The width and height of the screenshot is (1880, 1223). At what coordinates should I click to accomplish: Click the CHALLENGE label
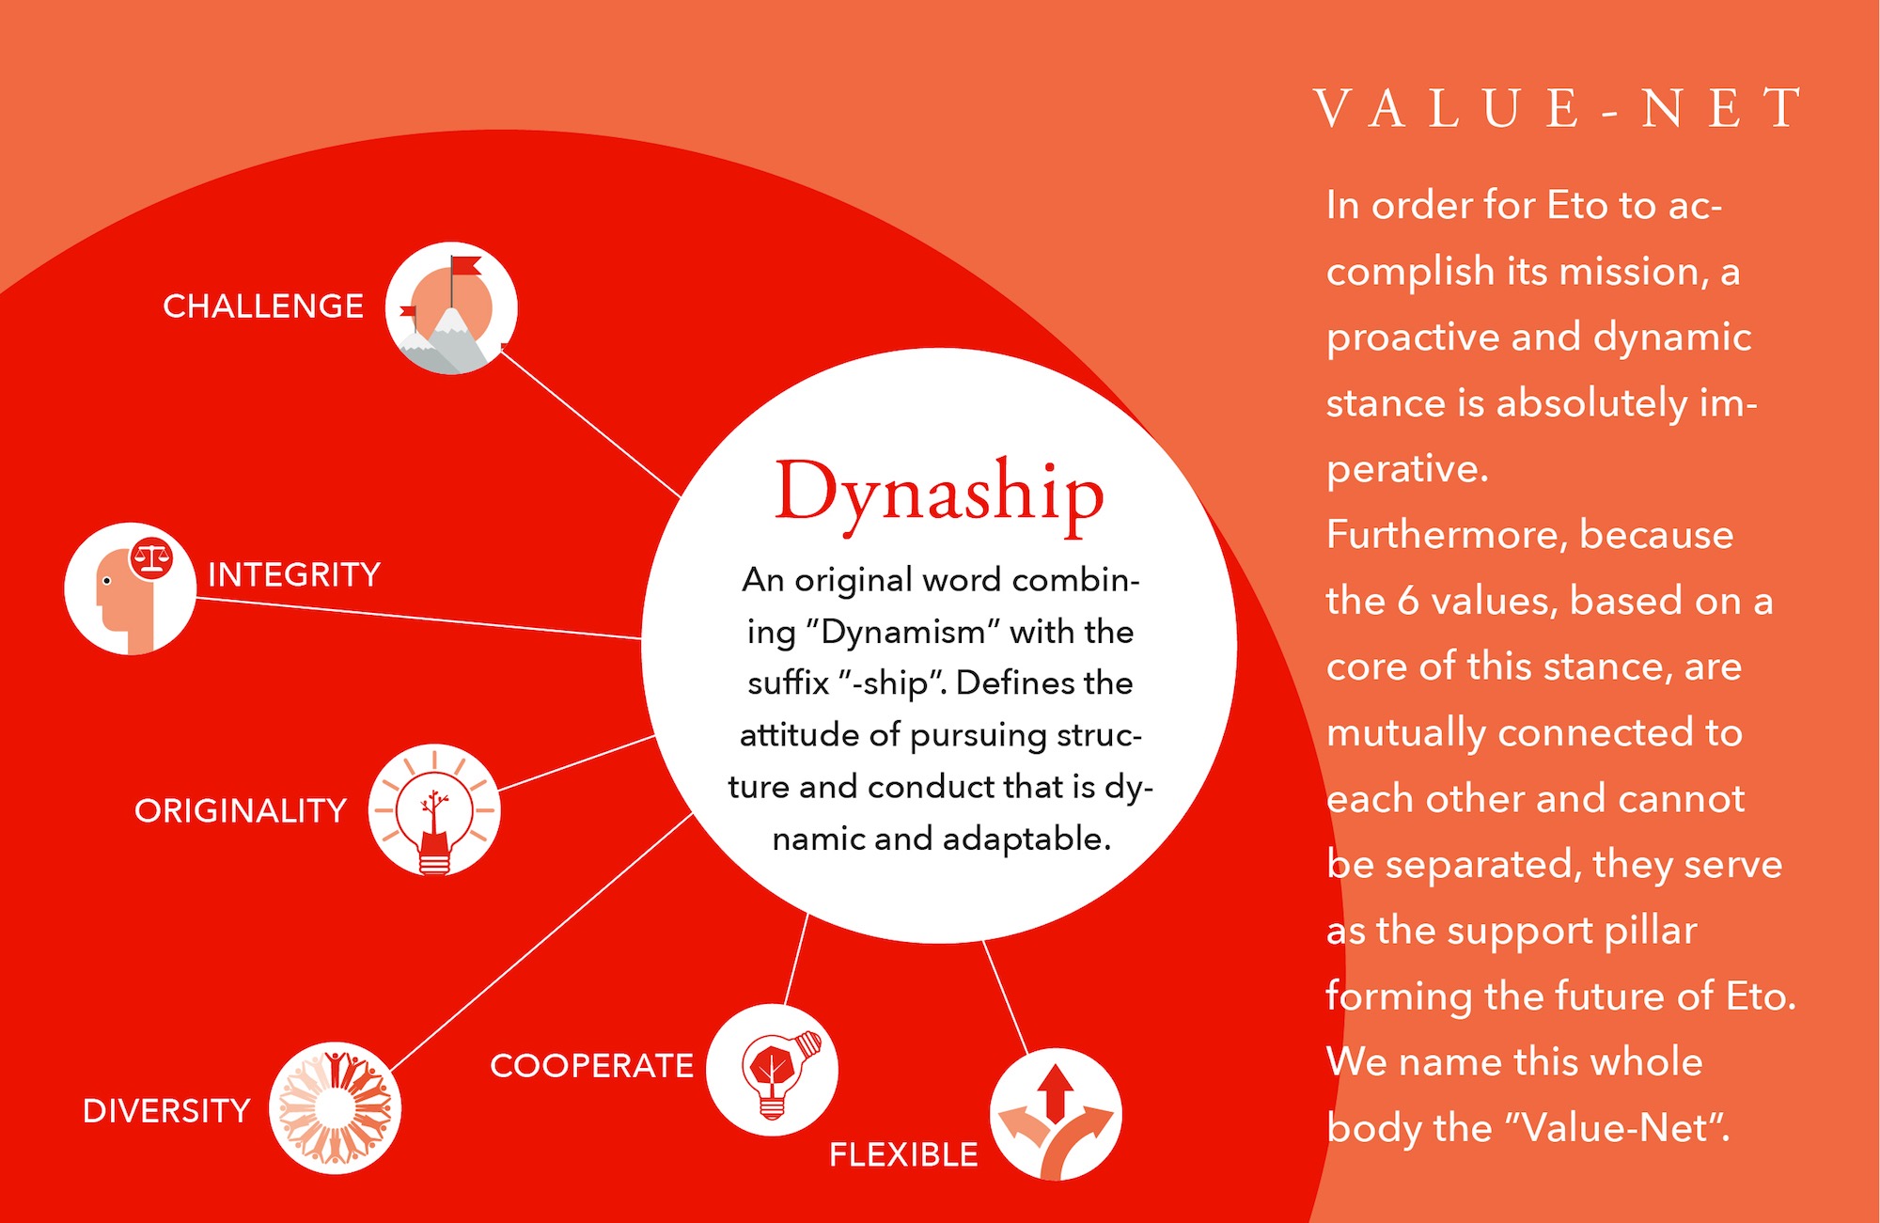pos(263,306)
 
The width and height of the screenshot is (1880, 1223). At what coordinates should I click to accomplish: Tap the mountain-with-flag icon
pos(451,308)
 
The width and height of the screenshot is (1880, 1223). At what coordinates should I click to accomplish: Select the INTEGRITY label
pos(294,574)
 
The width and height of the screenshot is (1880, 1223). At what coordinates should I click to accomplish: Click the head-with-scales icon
pos(131,588)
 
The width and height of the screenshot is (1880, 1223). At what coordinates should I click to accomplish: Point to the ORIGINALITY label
pos(241,810)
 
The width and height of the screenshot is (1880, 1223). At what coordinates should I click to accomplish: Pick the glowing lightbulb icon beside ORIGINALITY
pos(434,810)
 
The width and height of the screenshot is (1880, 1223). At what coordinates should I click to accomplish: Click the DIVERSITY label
pos(166,1110)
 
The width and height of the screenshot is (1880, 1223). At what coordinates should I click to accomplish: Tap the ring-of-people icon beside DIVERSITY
pos(336,1108)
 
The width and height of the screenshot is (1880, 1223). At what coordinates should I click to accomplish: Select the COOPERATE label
pos(591,1066)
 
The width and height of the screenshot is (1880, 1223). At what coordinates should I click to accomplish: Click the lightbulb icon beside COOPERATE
pos(773,1070)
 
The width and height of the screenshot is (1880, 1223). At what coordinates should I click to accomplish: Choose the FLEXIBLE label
pos(903,1154)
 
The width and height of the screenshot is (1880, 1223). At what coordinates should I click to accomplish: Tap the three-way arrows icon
pos(1056,1114)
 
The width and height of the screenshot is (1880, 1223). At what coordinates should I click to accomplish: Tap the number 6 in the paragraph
pos(1408,601)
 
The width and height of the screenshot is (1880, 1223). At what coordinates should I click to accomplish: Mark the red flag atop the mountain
pos(466,266)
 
